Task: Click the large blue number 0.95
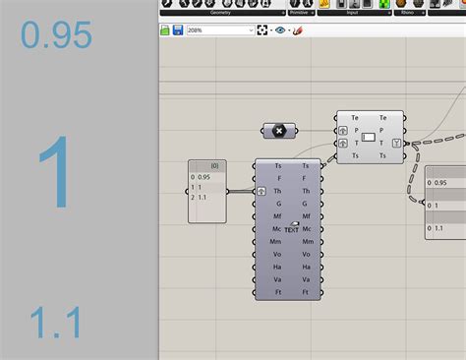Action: pos(56,36)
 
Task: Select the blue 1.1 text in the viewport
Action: pos(54,324)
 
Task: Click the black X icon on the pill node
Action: pos(279,130)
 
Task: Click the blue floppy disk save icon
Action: pos(177,30)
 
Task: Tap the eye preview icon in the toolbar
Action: pos(280,30)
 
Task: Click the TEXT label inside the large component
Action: pos(291,228)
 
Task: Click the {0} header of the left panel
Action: pos(212,165)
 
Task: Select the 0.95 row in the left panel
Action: pos(204,177)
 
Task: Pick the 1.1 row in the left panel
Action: pos(202,197)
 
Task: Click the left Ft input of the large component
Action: pos(278,292)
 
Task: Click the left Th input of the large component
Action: pos(278,191)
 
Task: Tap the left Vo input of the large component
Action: pos(278,254)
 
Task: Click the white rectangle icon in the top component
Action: pos(369,137)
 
